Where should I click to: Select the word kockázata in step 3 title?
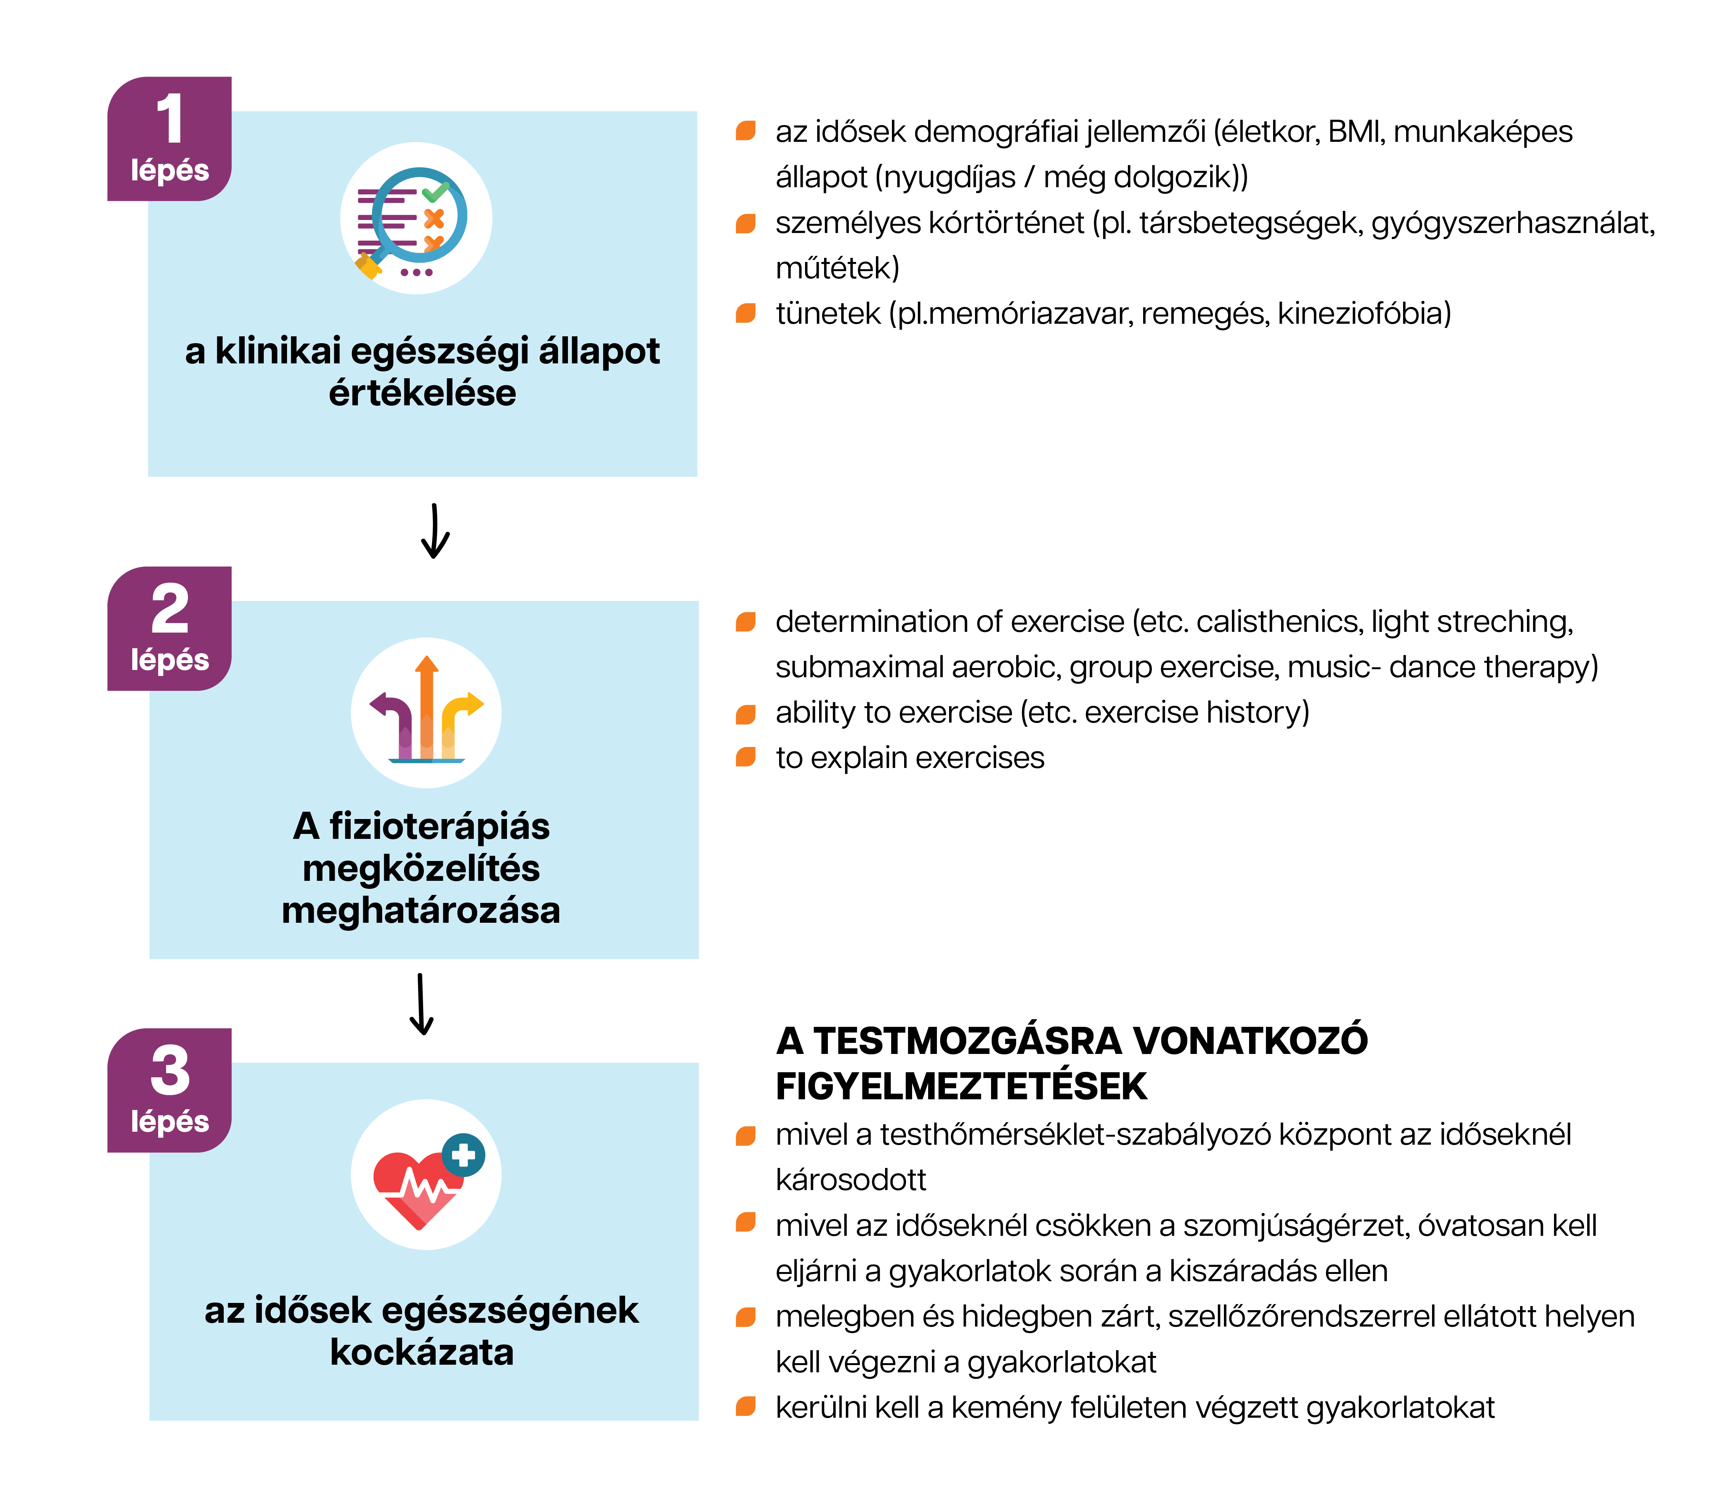(x=422, y=1352)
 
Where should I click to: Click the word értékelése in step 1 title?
(x=422, y=393)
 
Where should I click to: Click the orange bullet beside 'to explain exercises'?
(x=746, y=757)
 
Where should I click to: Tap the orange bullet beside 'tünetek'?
(x=746, y=313)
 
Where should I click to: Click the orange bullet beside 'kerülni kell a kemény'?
(x=746, y=1407)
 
